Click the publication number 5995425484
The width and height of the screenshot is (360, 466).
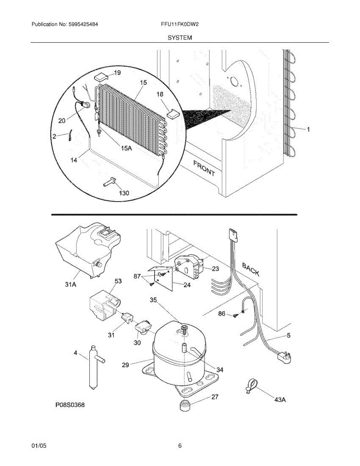pyautogui.click(x=83, y=24)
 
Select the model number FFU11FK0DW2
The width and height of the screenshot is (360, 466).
pyautogui.click(x=180, y=24)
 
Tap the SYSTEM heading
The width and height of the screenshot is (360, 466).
pyautogui.click(x=180, y=38)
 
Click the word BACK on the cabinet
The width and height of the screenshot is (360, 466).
pyautogui.click(x=250, y=269)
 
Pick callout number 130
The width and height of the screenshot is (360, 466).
pyautogui.click(x=124, y=193)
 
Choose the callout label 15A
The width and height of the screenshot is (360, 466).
pyautogui.click(x=126, y=148)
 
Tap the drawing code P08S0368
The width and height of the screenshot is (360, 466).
pyautogui.click(x=70, y=405)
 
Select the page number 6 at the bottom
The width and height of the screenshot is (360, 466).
pyautogui.click(x=180, y=446)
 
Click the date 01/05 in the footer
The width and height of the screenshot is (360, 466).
pyautogui.click(x=39, y=446)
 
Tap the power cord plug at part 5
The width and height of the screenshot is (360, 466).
pyautogui.click(x=284, y=355)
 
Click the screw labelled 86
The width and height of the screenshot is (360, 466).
pyautogui.click(x=235, y=315)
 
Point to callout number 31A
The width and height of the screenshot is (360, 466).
pyautogui.click(x=70, y=284)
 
